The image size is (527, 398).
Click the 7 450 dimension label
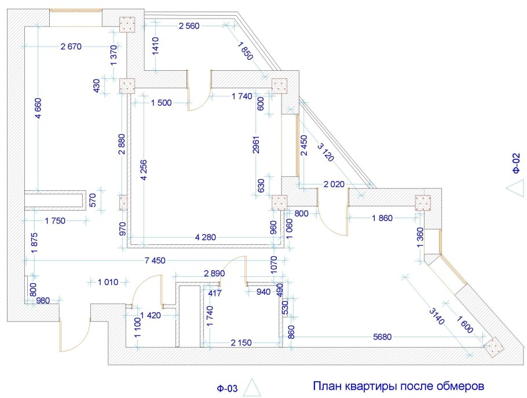tap(155, 260)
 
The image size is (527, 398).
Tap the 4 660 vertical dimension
tap(38, 108)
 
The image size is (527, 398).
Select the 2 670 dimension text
tap(71, 46)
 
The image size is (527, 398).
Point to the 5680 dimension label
tap(382, 337)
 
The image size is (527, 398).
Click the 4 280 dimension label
tap(206, 237)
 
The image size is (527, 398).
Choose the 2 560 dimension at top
tap(189, 26)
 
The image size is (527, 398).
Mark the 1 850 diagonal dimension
tap(245, 50)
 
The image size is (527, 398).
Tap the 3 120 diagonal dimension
tap(325, 152)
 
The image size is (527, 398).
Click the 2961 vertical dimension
tap(256, 144)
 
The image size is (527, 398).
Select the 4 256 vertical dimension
tap(144, 170)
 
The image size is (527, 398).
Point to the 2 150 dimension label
tap(241, 343)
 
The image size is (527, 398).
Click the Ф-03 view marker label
tap(227, 389)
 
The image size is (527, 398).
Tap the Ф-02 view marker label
tap(516, 163)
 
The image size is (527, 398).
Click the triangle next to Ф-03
tap(252, 387)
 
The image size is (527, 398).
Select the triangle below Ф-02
tap(515, 188)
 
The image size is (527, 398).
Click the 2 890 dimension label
tap(214, 273)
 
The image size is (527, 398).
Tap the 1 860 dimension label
tap(382, 218)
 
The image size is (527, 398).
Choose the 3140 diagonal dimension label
tap(437, 316)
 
